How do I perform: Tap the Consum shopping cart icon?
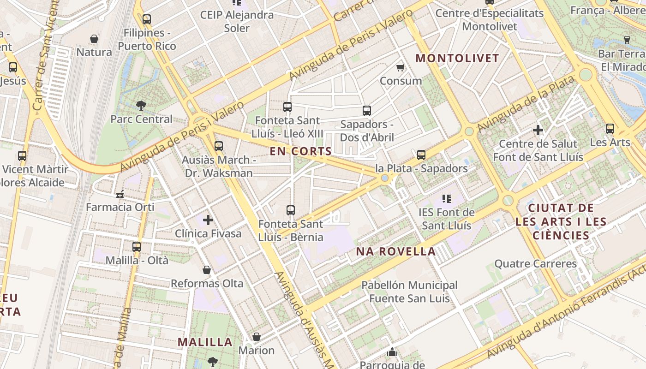(x=401, y=67)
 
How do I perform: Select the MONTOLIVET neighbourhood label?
(x=457, y=58)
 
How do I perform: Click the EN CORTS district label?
(x=301, y=151)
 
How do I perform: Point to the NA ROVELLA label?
(x=396, y=251)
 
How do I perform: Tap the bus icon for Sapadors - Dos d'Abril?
(x=367, y=111)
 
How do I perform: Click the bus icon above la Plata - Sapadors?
(x=421, y=155)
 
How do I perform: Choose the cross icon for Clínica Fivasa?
(x=208, y=220)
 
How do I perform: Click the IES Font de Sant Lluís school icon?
(x=446, y=199)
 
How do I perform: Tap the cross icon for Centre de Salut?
(x=538, y=131)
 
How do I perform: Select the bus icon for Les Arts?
(x=610, y=129)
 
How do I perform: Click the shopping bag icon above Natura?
(x=94, y=39)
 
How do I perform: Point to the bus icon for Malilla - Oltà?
(x=137, y=247)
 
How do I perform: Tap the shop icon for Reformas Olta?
(x=207, y=270)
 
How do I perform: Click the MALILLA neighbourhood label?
(x=205, y=342)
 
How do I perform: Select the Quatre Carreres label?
(x=535, y=264)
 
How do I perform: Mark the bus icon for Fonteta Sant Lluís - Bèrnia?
(x=291, y=210)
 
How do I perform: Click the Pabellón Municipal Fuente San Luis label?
(x=409, y=292)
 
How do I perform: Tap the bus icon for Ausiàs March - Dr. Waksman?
(x=219, y=146)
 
